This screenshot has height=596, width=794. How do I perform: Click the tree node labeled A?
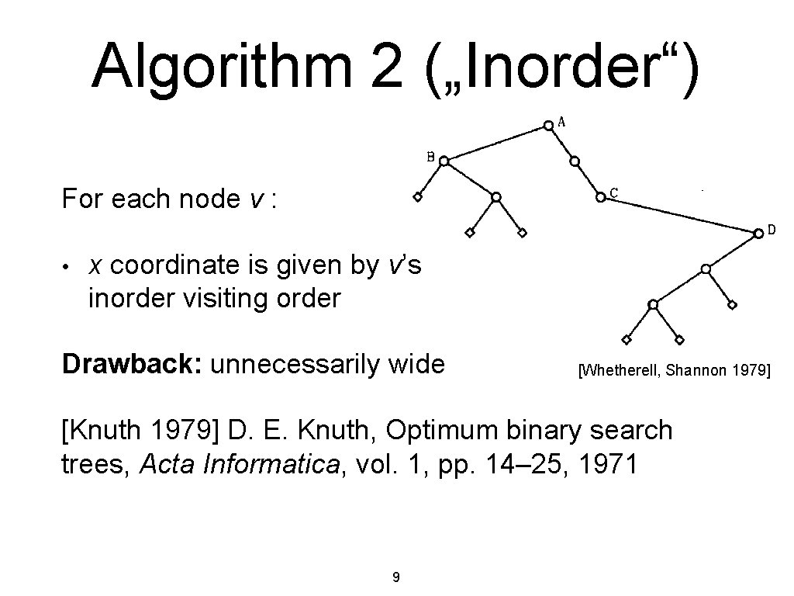(548, 124)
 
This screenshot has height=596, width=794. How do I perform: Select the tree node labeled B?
(444, 161)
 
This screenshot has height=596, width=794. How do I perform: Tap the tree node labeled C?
(600, 197)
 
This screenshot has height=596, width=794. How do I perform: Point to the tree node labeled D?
(758, 233)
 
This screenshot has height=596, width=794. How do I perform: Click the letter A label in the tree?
(561, 121)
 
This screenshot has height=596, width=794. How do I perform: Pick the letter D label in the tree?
(772, 230)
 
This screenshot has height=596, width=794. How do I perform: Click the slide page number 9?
(396, 577)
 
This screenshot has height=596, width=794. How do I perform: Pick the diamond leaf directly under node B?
(417, 197)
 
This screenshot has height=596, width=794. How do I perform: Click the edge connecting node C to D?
(679, 215)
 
